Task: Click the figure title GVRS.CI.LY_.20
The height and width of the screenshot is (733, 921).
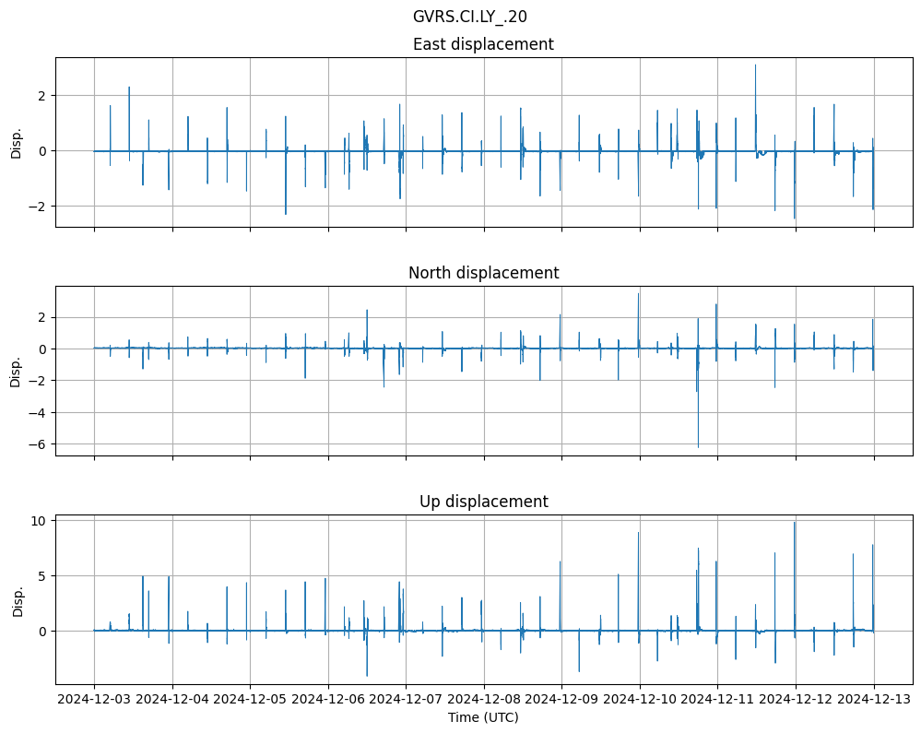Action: (470, 17)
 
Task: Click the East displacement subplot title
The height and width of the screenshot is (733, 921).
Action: (483, 44)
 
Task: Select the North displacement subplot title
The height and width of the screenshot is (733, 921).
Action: (483, 273)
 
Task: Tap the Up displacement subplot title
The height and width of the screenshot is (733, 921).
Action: (483, 502)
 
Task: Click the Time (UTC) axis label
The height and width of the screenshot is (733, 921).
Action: (483, 717)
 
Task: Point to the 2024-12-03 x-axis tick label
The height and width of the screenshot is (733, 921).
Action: (94, 700)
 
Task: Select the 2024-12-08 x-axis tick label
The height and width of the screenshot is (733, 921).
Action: (484, 700)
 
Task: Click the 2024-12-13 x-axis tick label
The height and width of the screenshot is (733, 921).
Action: (874, 700)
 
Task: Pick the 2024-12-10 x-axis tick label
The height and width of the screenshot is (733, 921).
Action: (640, 700)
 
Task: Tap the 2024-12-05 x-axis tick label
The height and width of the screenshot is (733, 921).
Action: (250, 700)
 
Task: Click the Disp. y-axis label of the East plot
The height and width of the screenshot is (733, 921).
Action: (16, 142)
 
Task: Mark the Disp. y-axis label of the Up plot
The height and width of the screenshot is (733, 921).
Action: (16, 600)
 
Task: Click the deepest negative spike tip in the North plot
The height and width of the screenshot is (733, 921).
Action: (698, 447)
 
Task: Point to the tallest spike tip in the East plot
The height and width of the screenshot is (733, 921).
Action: (755, 65)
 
